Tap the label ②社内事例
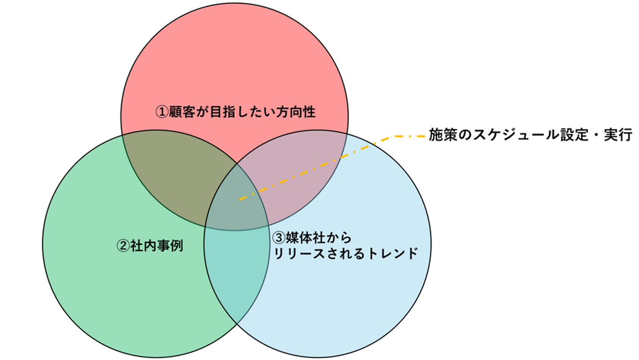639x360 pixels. tap(150, 245)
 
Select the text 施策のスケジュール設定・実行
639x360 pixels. tap(530, 135)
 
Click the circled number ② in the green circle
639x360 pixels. tap(122, 245)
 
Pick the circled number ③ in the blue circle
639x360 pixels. tap(277, 238)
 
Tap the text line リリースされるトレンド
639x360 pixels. tap(346, 253)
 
